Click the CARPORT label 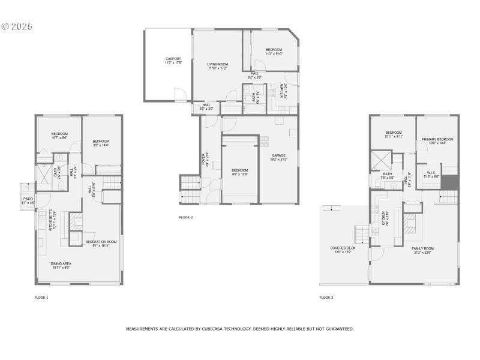(173, 58)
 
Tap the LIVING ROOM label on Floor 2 (217, 64)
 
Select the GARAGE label (280, 155)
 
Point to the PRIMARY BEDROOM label (437, 139)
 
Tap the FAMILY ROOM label (422, 248)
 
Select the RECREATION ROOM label (97, 241)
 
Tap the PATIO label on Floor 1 (28, 199)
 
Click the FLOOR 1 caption (41, 297)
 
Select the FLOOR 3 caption (326, 297)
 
